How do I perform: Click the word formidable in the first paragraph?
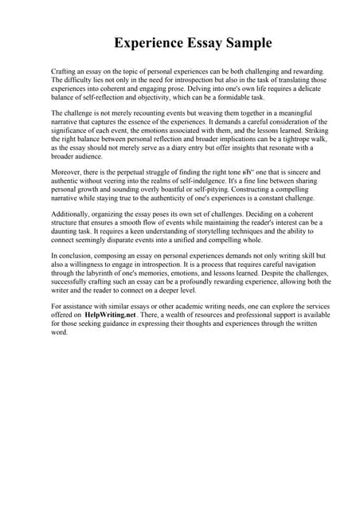tap(221, 96)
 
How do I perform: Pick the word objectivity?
tap(145, 96)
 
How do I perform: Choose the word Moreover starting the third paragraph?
tap(66, 171)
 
